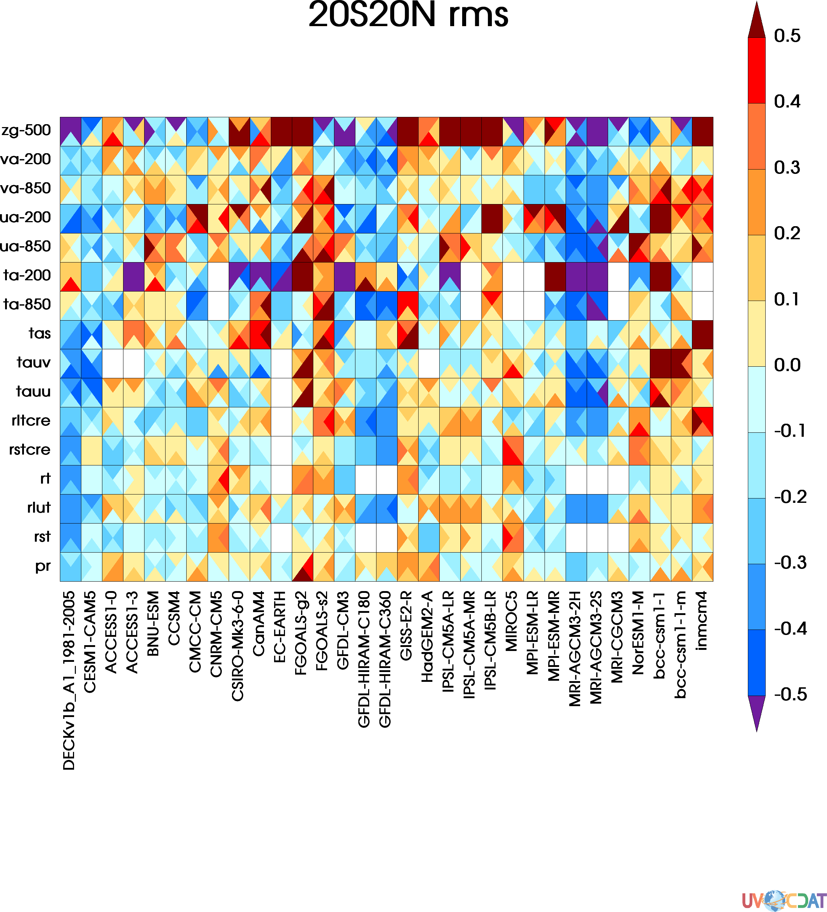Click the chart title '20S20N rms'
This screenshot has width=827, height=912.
(x=408, y=15)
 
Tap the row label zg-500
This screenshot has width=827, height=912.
(x=26, y=131)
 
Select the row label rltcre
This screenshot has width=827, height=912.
(x=31, y=421)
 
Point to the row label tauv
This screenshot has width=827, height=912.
(x=33, y=363)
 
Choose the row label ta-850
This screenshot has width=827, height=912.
(x=27, y=305)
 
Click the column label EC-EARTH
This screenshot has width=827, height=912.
(x=280, y=627)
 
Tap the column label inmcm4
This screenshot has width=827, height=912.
(x=702, y=620)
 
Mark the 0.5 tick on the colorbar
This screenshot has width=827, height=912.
(x=787, y=36)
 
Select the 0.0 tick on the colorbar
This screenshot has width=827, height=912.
(x=787, y=365)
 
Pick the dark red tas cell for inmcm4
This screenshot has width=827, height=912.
(x=702, y=335)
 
